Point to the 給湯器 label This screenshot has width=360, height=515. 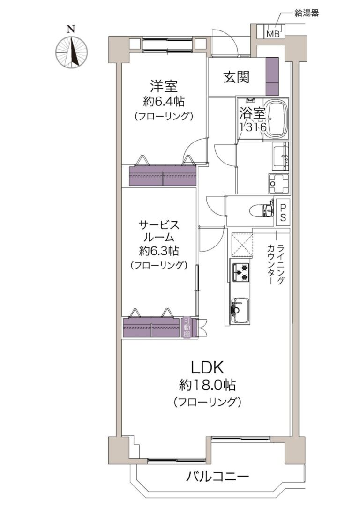tap(307, 14)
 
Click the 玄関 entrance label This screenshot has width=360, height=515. tap(237, 77)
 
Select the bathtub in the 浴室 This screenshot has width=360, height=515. tap(276, 119)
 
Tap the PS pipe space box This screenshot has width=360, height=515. tap(283, 212)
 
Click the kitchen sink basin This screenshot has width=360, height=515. tap(240, 311)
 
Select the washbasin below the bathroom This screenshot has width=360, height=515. tap(280, 157)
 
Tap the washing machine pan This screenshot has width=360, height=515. tap(278, 184)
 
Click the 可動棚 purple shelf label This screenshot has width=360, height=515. tap(187, 328)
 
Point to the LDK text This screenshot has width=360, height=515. tap(208, 368)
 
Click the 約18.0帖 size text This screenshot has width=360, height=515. tap(207, 385)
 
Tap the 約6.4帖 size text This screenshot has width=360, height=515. tap(164, 102)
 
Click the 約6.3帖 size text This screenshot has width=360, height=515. tap(158, 251)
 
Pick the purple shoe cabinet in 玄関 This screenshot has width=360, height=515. tap(272, 76)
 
